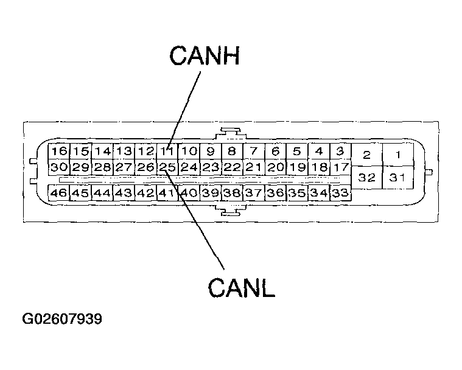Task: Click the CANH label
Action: point(205,55)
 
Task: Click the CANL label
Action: point(241,287)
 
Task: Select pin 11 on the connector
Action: point(167,152)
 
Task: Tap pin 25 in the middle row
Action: point(167,167)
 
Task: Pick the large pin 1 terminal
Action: point(398,155)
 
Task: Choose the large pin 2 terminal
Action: point(367,155)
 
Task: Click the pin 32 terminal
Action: point(367,177)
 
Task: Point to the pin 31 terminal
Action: point(398,177)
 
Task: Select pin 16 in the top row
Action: point(59,152)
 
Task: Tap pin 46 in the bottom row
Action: point(59,193)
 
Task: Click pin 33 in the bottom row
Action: point(340,193)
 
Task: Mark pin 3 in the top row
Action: point(340,152)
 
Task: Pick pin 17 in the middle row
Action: point(340,167)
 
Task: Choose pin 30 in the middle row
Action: point(59,167)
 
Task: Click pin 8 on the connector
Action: point(232,152)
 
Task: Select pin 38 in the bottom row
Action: point(232,193)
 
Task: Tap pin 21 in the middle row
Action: point(254,167)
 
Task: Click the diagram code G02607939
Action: point(62,319)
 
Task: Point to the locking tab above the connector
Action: point(231,133)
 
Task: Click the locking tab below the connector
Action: point(231,211)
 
